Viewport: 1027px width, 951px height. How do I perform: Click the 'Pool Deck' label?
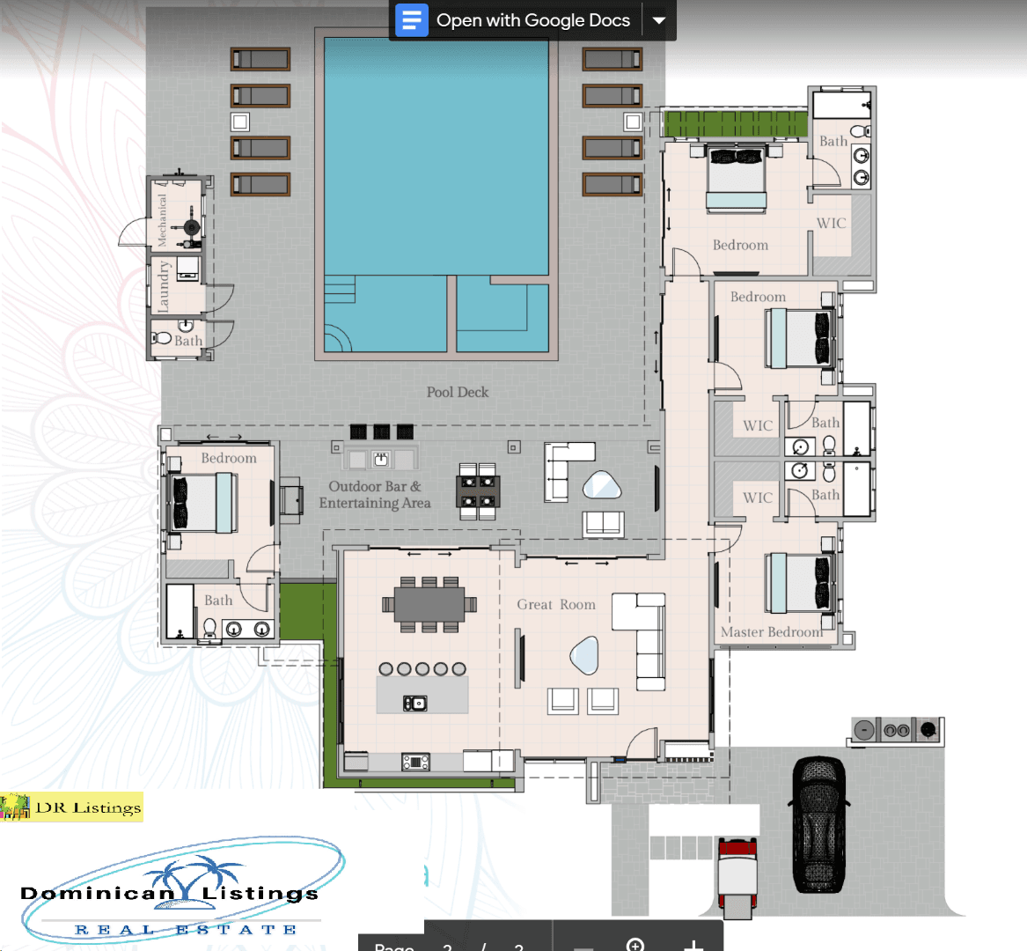tap(457, 392)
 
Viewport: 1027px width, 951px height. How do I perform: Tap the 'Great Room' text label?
tap(555, 604)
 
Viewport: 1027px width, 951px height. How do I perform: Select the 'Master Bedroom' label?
tap(771, 631)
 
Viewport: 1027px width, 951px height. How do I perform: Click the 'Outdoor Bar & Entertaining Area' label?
tap(375, 495)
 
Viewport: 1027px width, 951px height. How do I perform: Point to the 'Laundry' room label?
tap(163, 286)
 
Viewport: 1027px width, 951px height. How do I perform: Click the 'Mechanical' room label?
tap(162, 220)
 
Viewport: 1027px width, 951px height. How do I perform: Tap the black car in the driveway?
tap(819, 824)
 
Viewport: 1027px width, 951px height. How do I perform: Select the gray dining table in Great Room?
tap(429, 604)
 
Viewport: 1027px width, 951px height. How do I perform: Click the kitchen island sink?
tap(414, 702)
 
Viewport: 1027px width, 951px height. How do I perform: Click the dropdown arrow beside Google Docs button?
tap(659, 20)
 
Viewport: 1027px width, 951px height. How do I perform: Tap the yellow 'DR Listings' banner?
tap(71, 807)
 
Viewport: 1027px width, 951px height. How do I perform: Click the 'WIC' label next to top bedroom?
tap(831, 223)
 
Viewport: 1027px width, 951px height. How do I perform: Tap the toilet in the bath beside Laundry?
tap(162, 338)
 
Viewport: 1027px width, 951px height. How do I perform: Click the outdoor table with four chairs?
tap(478, 491)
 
